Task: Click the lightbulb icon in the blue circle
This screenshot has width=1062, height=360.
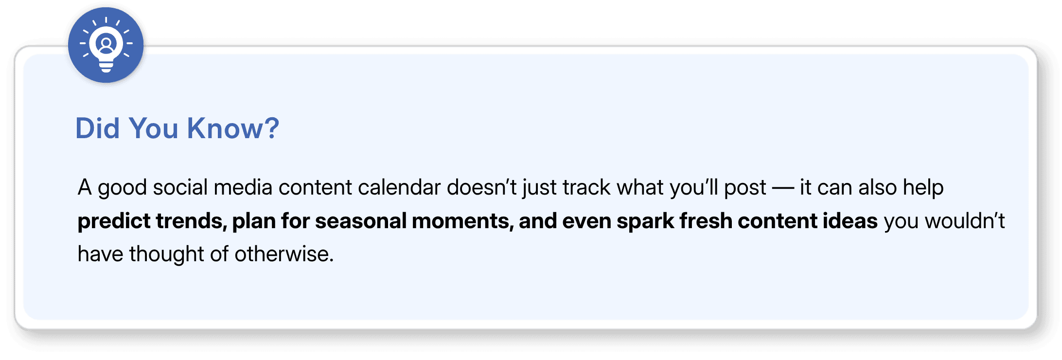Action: pos(106,45)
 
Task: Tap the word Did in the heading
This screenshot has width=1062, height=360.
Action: pos(97,128)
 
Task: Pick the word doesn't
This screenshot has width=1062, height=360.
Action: pos(481,187)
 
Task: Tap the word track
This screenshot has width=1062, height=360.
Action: pos(586,187)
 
